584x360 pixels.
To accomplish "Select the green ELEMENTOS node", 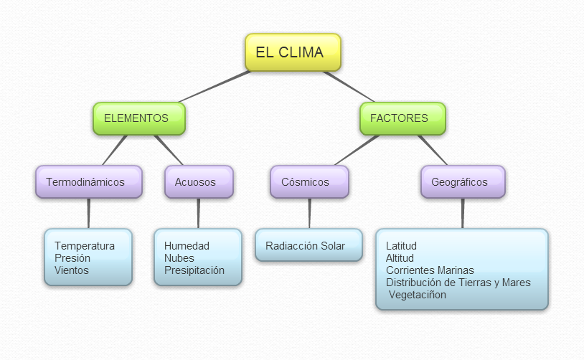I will click(138, 118).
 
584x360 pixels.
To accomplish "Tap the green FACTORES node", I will click(402, 118).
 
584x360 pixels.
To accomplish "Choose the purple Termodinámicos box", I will click(88, 182).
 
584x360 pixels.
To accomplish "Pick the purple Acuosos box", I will click(199, 182).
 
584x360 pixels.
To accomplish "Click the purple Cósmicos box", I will click(309, 182).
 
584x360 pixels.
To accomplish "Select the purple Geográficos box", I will click(462, 182).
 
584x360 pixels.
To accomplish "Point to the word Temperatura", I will click(84, 246).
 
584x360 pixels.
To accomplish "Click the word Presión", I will click(72, 258).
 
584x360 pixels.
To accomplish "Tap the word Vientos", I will click(72, 270).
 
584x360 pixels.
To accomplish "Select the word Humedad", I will click(187, 246).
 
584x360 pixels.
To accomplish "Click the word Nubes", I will click(179, 258).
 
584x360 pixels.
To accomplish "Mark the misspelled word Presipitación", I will click(194, 270).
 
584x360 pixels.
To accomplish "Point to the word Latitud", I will click(401, 246).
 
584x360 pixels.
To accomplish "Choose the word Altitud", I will click(400, 258).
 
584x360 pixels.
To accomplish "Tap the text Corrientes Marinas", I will click(430, 270).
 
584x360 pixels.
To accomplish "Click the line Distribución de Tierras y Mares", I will click(458, 283).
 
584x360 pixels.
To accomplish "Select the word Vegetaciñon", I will click(418, 295).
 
